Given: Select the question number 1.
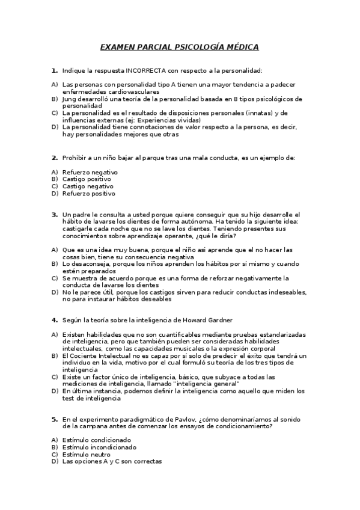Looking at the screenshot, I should pos(54,70).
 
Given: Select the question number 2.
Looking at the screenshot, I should pos(54,158).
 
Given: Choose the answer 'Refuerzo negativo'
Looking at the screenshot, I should pos(90,172).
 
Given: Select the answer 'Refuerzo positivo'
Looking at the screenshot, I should pos(89,194).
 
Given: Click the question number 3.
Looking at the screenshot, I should pos(54,214).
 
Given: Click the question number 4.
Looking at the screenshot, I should pos(54,319).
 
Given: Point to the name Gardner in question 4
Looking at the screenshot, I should pos(217,319).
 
